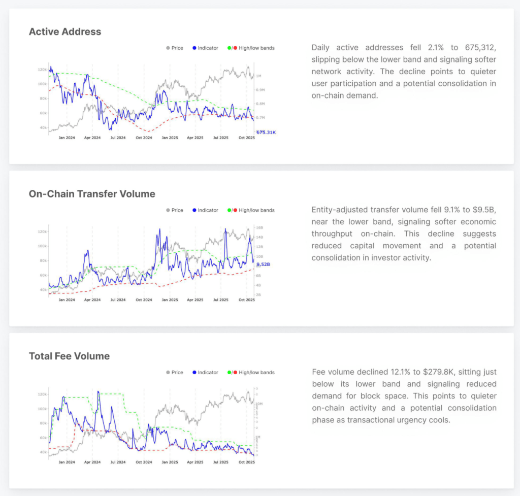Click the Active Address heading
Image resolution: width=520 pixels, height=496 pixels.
(x=65, y=31)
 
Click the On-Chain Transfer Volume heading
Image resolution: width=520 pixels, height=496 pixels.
(x=92, y=194)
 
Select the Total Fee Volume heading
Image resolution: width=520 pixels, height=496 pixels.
(x=69, y=356)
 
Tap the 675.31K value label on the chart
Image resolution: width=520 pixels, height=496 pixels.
(x=266, y=133)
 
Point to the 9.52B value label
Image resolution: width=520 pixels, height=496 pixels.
(x=263, y=264)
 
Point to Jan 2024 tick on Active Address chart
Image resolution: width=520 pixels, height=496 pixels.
(x=67, y=138)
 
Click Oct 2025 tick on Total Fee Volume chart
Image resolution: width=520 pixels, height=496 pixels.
(x=247, y=462)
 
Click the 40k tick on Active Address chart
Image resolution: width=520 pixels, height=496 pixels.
(x=43, y=127)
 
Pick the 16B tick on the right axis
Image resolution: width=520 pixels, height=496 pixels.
(x=259, y=228)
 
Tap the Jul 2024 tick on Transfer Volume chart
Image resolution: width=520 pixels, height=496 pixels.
(x=118, y=300)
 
